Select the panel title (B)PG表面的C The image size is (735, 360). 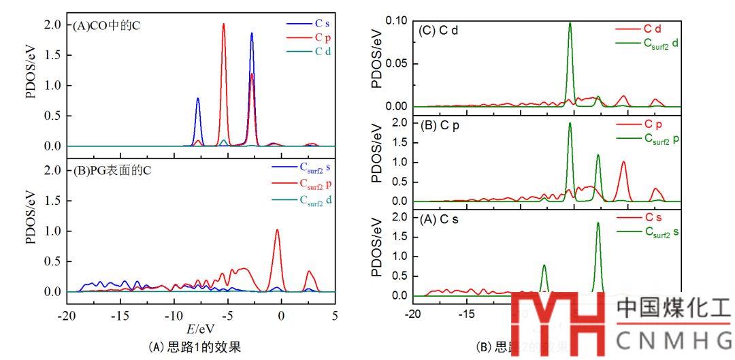pyautogui.click(x=112, y=170)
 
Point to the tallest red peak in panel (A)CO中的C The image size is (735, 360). pyautogui.click(x=223, y=24)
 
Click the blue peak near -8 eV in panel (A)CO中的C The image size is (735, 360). pyautogui.click(x=198, y=99)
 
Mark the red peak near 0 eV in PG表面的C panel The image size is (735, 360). pyautogui.click(x=277, y=231)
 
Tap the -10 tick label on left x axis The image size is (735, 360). pyautogui.click(x=174, y=316)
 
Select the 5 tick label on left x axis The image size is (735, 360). pyautogui.click(x=335, y=316)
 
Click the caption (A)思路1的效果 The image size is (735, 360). pyautogui.click(x=194, y=347)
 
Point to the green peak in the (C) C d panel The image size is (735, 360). pyautogui.click(x=570, y=23)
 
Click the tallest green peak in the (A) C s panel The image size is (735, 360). pyautogui.click(x=598, y=223)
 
